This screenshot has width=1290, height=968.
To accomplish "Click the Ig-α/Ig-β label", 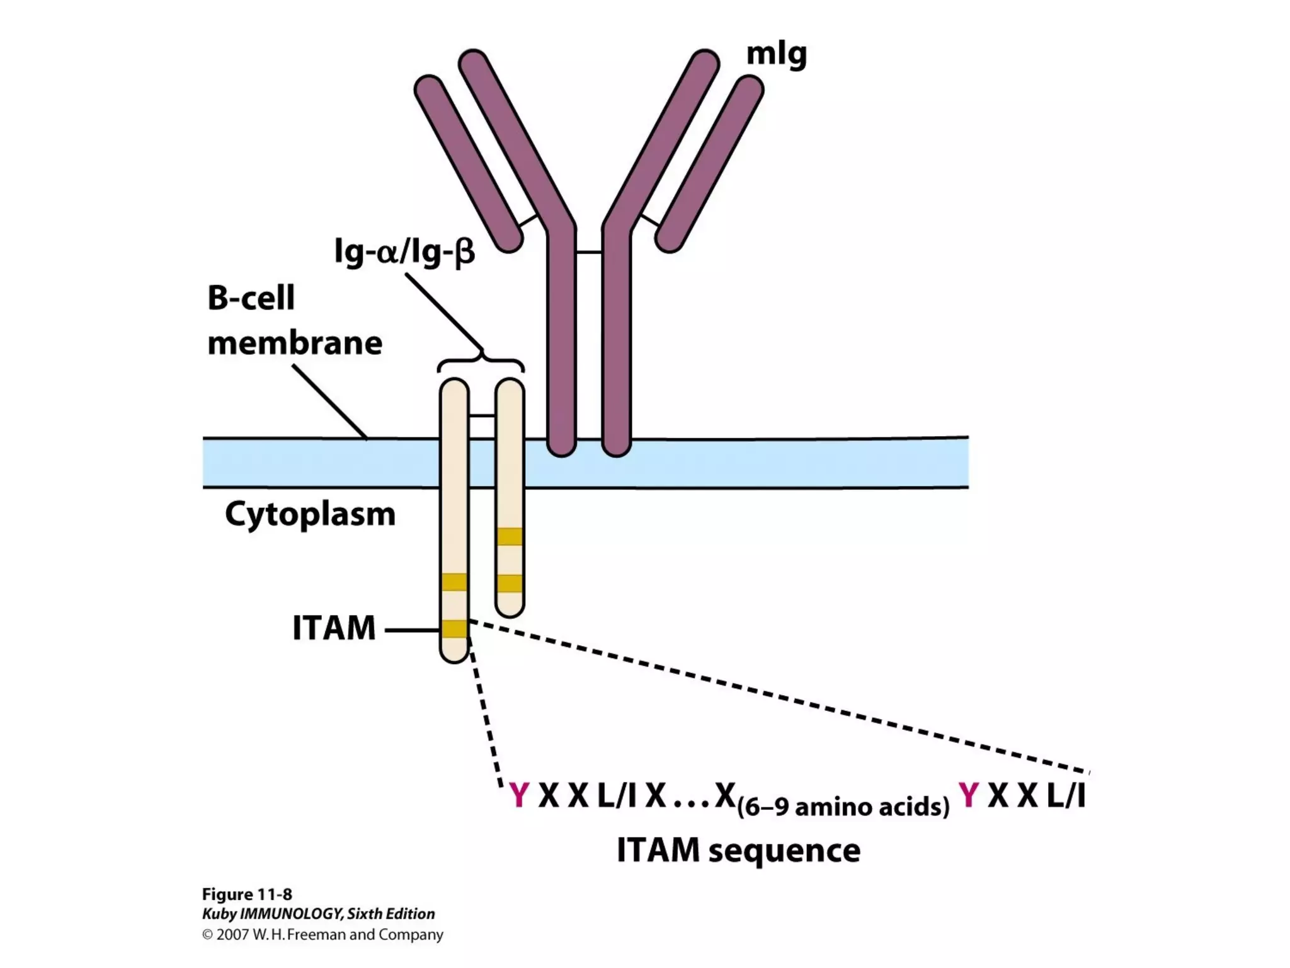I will pos(404,252).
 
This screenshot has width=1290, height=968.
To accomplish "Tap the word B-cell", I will pos(251,298).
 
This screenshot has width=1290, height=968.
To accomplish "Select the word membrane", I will pos(295,343).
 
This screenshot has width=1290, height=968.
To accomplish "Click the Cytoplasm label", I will pos(310,514).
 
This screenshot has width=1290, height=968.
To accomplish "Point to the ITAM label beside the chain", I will pos(334,628).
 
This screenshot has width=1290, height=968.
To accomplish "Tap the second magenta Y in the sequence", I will pos(969,795).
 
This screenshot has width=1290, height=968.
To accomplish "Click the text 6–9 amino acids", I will pos(843,807).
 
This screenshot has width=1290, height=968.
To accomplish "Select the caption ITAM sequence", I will pos(738,850).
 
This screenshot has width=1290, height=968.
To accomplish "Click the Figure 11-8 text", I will pos(246,894).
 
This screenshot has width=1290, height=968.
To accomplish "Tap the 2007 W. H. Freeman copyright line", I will pos(322,935).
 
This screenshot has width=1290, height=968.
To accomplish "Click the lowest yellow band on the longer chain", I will pos(454,629).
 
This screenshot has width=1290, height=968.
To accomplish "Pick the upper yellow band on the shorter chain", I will pos(510,536).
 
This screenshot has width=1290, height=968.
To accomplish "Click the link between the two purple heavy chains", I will pos(589,253).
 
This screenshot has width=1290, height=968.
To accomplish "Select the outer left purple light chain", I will pos(469,164).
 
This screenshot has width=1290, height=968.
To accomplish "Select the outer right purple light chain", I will pos(709,164).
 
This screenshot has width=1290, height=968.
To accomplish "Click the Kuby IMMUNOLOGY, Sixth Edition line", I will pos(318,914).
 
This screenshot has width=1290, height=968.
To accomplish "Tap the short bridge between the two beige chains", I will pos(482,416).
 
